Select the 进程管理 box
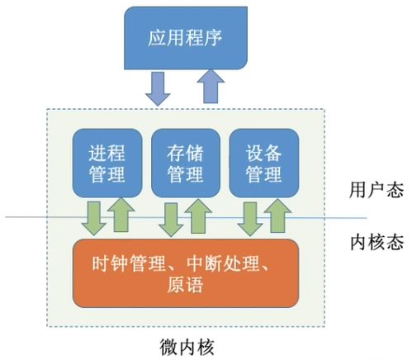(105, 162)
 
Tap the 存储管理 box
(185, 162)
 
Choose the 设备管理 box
(263, 162)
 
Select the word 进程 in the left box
(105, 152)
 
